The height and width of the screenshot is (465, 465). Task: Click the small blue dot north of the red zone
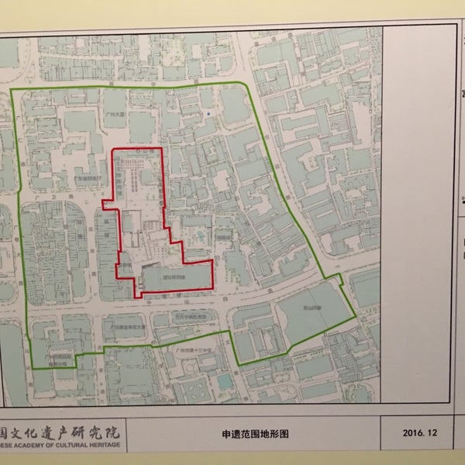[210, 115]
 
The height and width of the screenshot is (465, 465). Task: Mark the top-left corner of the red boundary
[113, 149]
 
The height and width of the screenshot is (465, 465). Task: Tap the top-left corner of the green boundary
[12, 90]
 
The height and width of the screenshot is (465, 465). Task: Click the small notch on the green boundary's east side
[339, 277]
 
